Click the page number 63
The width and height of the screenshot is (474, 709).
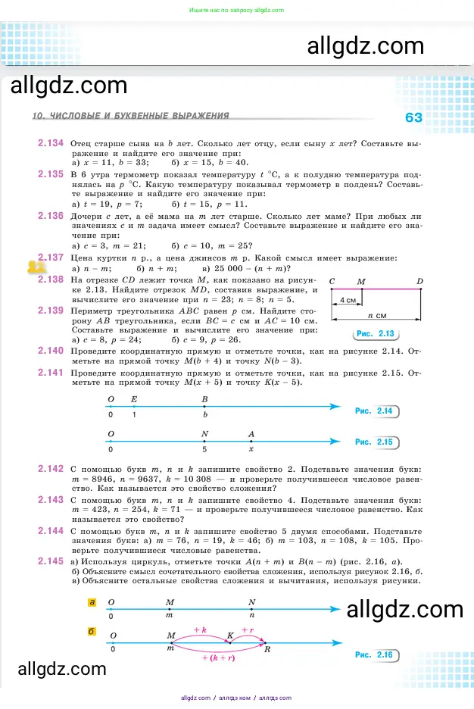point(413,117)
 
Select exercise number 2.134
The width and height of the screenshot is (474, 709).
point(50,142)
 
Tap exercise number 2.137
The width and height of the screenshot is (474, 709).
point(50,258)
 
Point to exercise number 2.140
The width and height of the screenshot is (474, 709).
point(50,351)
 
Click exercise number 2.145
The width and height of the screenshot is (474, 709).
point(50,561)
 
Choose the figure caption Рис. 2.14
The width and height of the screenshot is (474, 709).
point(373,411)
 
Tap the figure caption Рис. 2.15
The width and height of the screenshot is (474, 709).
point(373,442)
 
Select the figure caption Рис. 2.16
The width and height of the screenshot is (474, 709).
point(373,654)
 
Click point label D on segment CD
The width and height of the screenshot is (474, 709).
point(420,282)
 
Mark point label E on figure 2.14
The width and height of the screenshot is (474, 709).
point(134,398)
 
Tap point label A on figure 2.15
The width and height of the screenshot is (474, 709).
point(252,434)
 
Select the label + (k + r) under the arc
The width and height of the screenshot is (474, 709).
point(218,659)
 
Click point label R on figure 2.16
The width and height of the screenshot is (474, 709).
point(267,650)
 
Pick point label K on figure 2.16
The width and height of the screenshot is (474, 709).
point(231,636)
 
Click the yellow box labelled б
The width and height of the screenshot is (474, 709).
point(92,631)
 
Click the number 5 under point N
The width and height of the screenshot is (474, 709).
point(204,448)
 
